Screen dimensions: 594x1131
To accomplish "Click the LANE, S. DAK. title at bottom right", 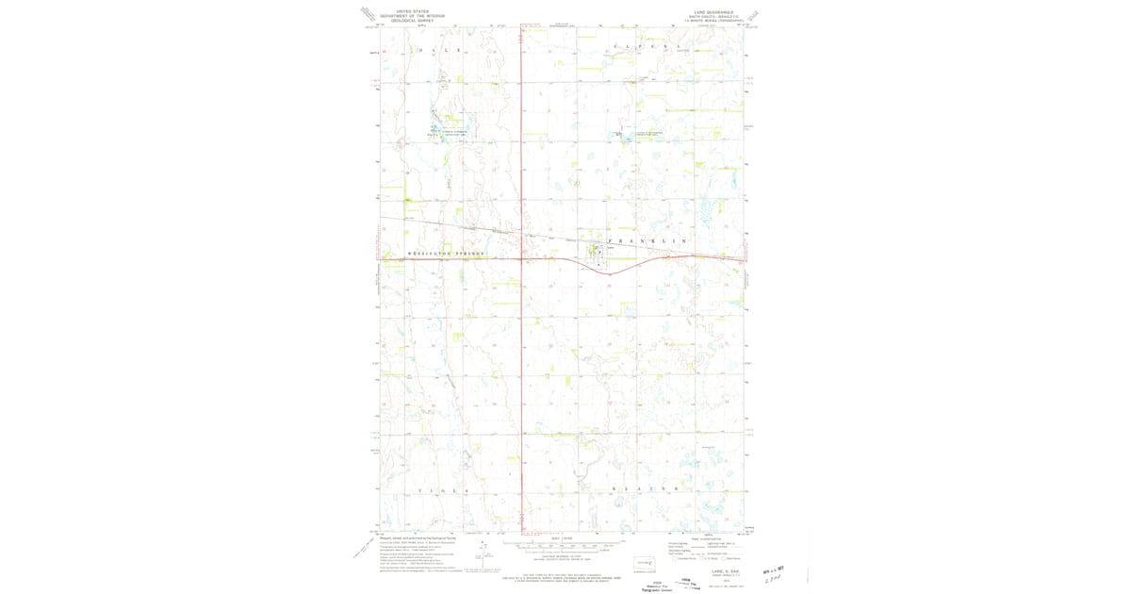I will click(713, 571).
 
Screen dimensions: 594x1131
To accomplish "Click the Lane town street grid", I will click(596, 252).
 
